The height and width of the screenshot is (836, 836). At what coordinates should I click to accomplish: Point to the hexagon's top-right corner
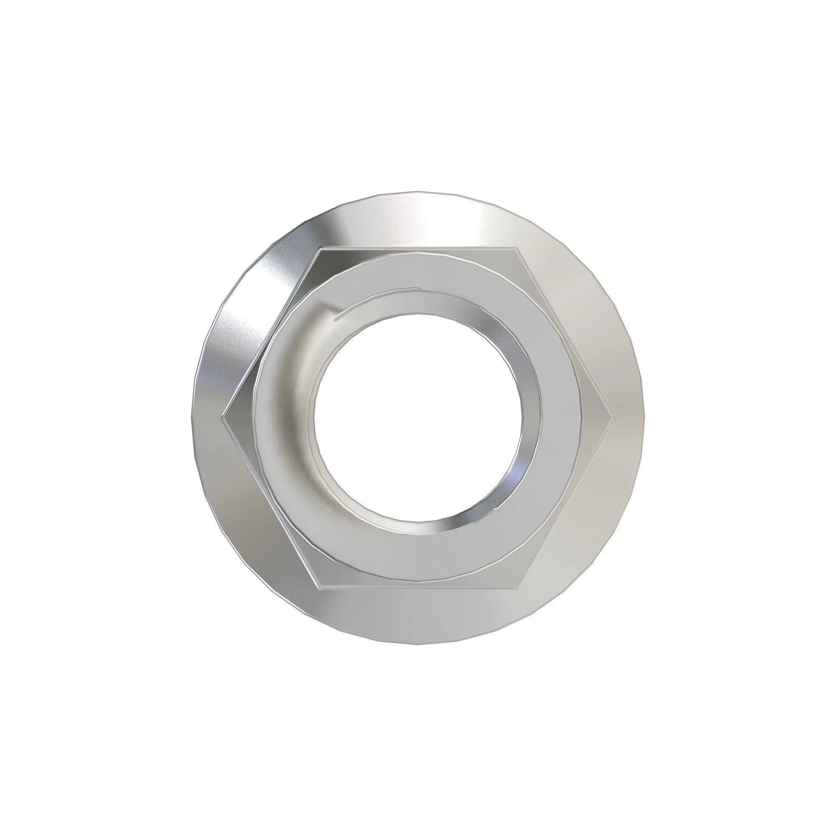pyautogui.click(x=516, y=248)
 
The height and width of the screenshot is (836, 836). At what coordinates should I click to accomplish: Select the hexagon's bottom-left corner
pyautogui.click(x=319, y=588)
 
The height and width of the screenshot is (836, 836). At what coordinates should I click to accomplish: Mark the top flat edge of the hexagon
pyautogui.click(x=418, y=248)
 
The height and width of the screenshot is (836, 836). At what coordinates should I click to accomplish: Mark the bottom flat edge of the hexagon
pyautogui.click(x=418, y=588)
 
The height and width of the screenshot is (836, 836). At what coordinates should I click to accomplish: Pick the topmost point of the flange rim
pyautogui.click(x=418, y=191)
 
